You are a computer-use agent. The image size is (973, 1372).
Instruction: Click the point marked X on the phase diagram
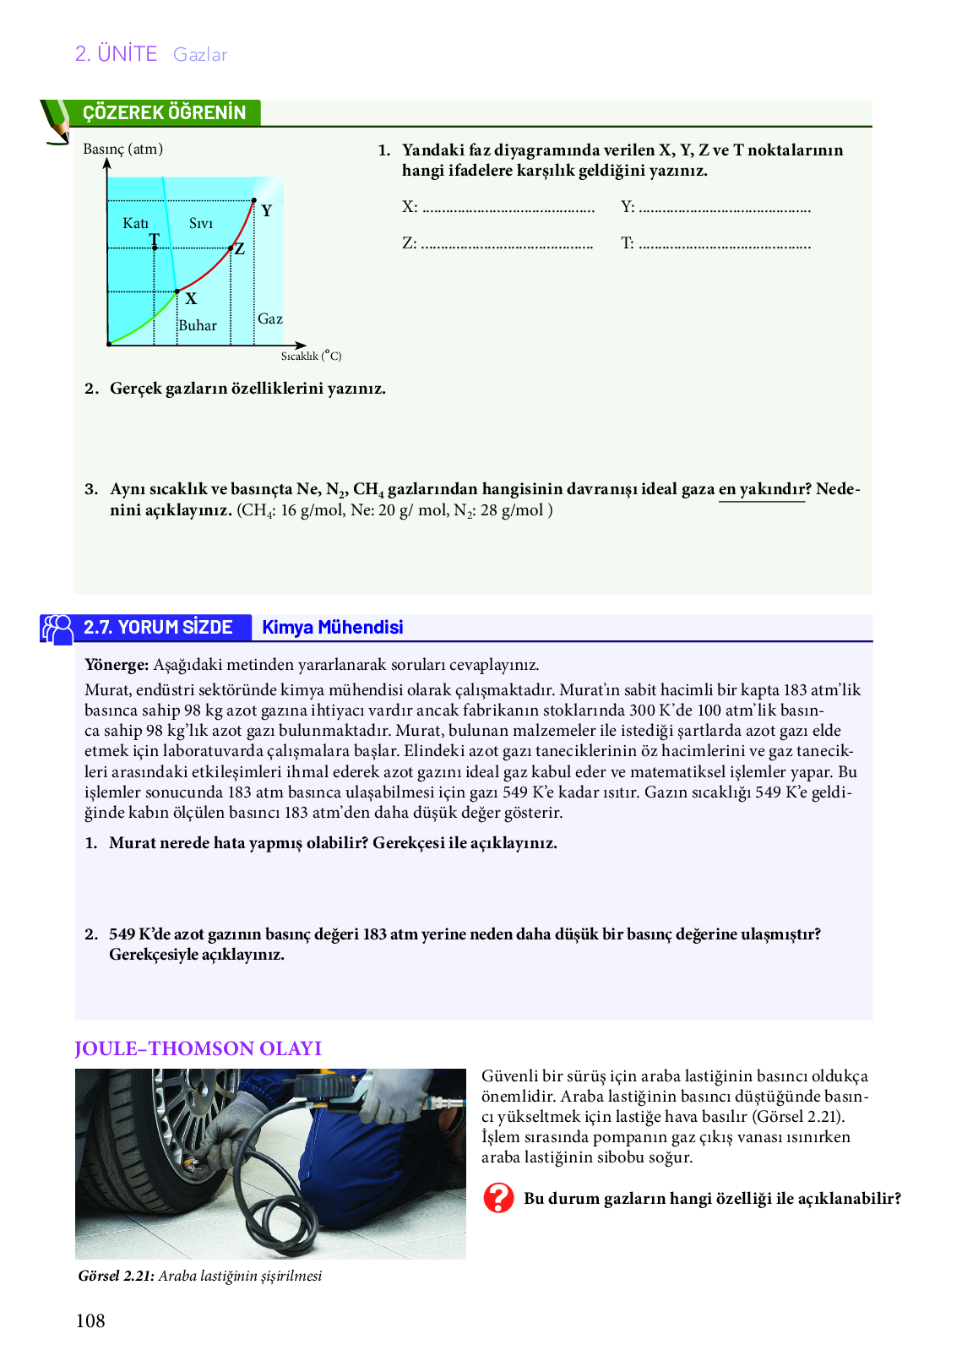pos(191,298)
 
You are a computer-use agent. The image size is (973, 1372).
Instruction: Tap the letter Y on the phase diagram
pos(267,210)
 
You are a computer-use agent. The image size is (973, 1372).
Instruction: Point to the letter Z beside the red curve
pos(240,249)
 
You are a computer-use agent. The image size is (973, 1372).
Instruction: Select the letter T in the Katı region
pos(155,240)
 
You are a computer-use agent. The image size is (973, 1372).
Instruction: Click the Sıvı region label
pos(201,224)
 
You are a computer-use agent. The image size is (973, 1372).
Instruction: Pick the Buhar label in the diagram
pos(198,325)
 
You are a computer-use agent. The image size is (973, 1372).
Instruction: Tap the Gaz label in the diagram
pos(270,318)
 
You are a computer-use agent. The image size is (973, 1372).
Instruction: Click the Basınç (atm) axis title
pos(123,149)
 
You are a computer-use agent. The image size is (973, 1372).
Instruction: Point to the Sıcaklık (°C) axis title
pos(311,357)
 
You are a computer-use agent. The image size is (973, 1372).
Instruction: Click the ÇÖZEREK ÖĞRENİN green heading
pos(165,113)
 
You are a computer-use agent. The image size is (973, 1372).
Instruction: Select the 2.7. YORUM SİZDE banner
pos(158,627)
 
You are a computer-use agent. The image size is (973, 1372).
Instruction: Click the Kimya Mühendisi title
pos(333,627)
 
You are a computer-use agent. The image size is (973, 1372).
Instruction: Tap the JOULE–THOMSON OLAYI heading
pos(198,1048)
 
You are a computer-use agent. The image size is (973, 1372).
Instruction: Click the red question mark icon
pos(498,1198)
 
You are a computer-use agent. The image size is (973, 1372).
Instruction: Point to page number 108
pos(90,1321)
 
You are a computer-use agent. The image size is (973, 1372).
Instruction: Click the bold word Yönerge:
pos(117,665)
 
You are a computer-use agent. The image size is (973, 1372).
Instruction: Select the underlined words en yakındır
pos(762,489)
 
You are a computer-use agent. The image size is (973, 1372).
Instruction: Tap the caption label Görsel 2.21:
pos(116,1276)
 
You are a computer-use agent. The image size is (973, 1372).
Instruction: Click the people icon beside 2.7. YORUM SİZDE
pos(58,629)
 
